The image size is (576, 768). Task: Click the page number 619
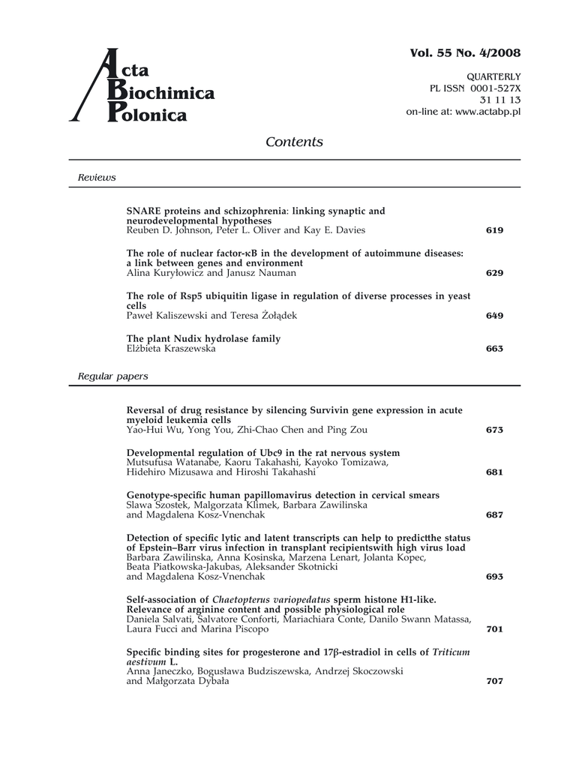494,230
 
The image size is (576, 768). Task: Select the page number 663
494,349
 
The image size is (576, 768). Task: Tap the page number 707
494,682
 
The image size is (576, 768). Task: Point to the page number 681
494,472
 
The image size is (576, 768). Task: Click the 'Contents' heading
294,142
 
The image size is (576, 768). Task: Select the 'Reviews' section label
97,178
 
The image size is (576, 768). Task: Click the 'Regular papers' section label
112,376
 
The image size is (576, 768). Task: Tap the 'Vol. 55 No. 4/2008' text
465,52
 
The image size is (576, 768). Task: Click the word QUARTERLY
494,77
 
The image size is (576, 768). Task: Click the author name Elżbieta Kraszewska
170,349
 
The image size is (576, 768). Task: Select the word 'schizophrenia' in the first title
256,211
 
